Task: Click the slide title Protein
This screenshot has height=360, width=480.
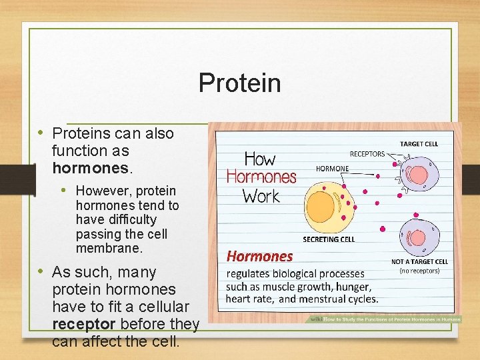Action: point(239,83)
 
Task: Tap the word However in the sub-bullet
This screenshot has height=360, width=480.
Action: point(103,191)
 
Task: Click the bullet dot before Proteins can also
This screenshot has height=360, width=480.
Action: point(42,133)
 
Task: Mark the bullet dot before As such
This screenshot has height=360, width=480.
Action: point(42,272)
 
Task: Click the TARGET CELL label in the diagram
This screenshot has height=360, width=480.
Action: point(419,143)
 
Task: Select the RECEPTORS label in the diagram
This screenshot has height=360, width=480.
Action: point(367,154)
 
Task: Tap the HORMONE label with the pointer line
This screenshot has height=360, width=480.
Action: point(332,169)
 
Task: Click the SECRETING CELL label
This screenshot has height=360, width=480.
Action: point(329,239)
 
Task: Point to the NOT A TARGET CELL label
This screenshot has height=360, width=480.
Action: point(419,262)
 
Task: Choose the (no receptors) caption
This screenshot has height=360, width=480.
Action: point(419,271)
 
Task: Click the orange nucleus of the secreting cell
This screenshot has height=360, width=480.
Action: point(321,205)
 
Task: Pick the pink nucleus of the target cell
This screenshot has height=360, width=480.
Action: point(418,175)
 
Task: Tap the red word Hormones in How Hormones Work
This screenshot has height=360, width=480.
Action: point(261,177)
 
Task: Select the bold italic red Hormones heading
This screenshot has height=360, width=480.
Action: point(260,256)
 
